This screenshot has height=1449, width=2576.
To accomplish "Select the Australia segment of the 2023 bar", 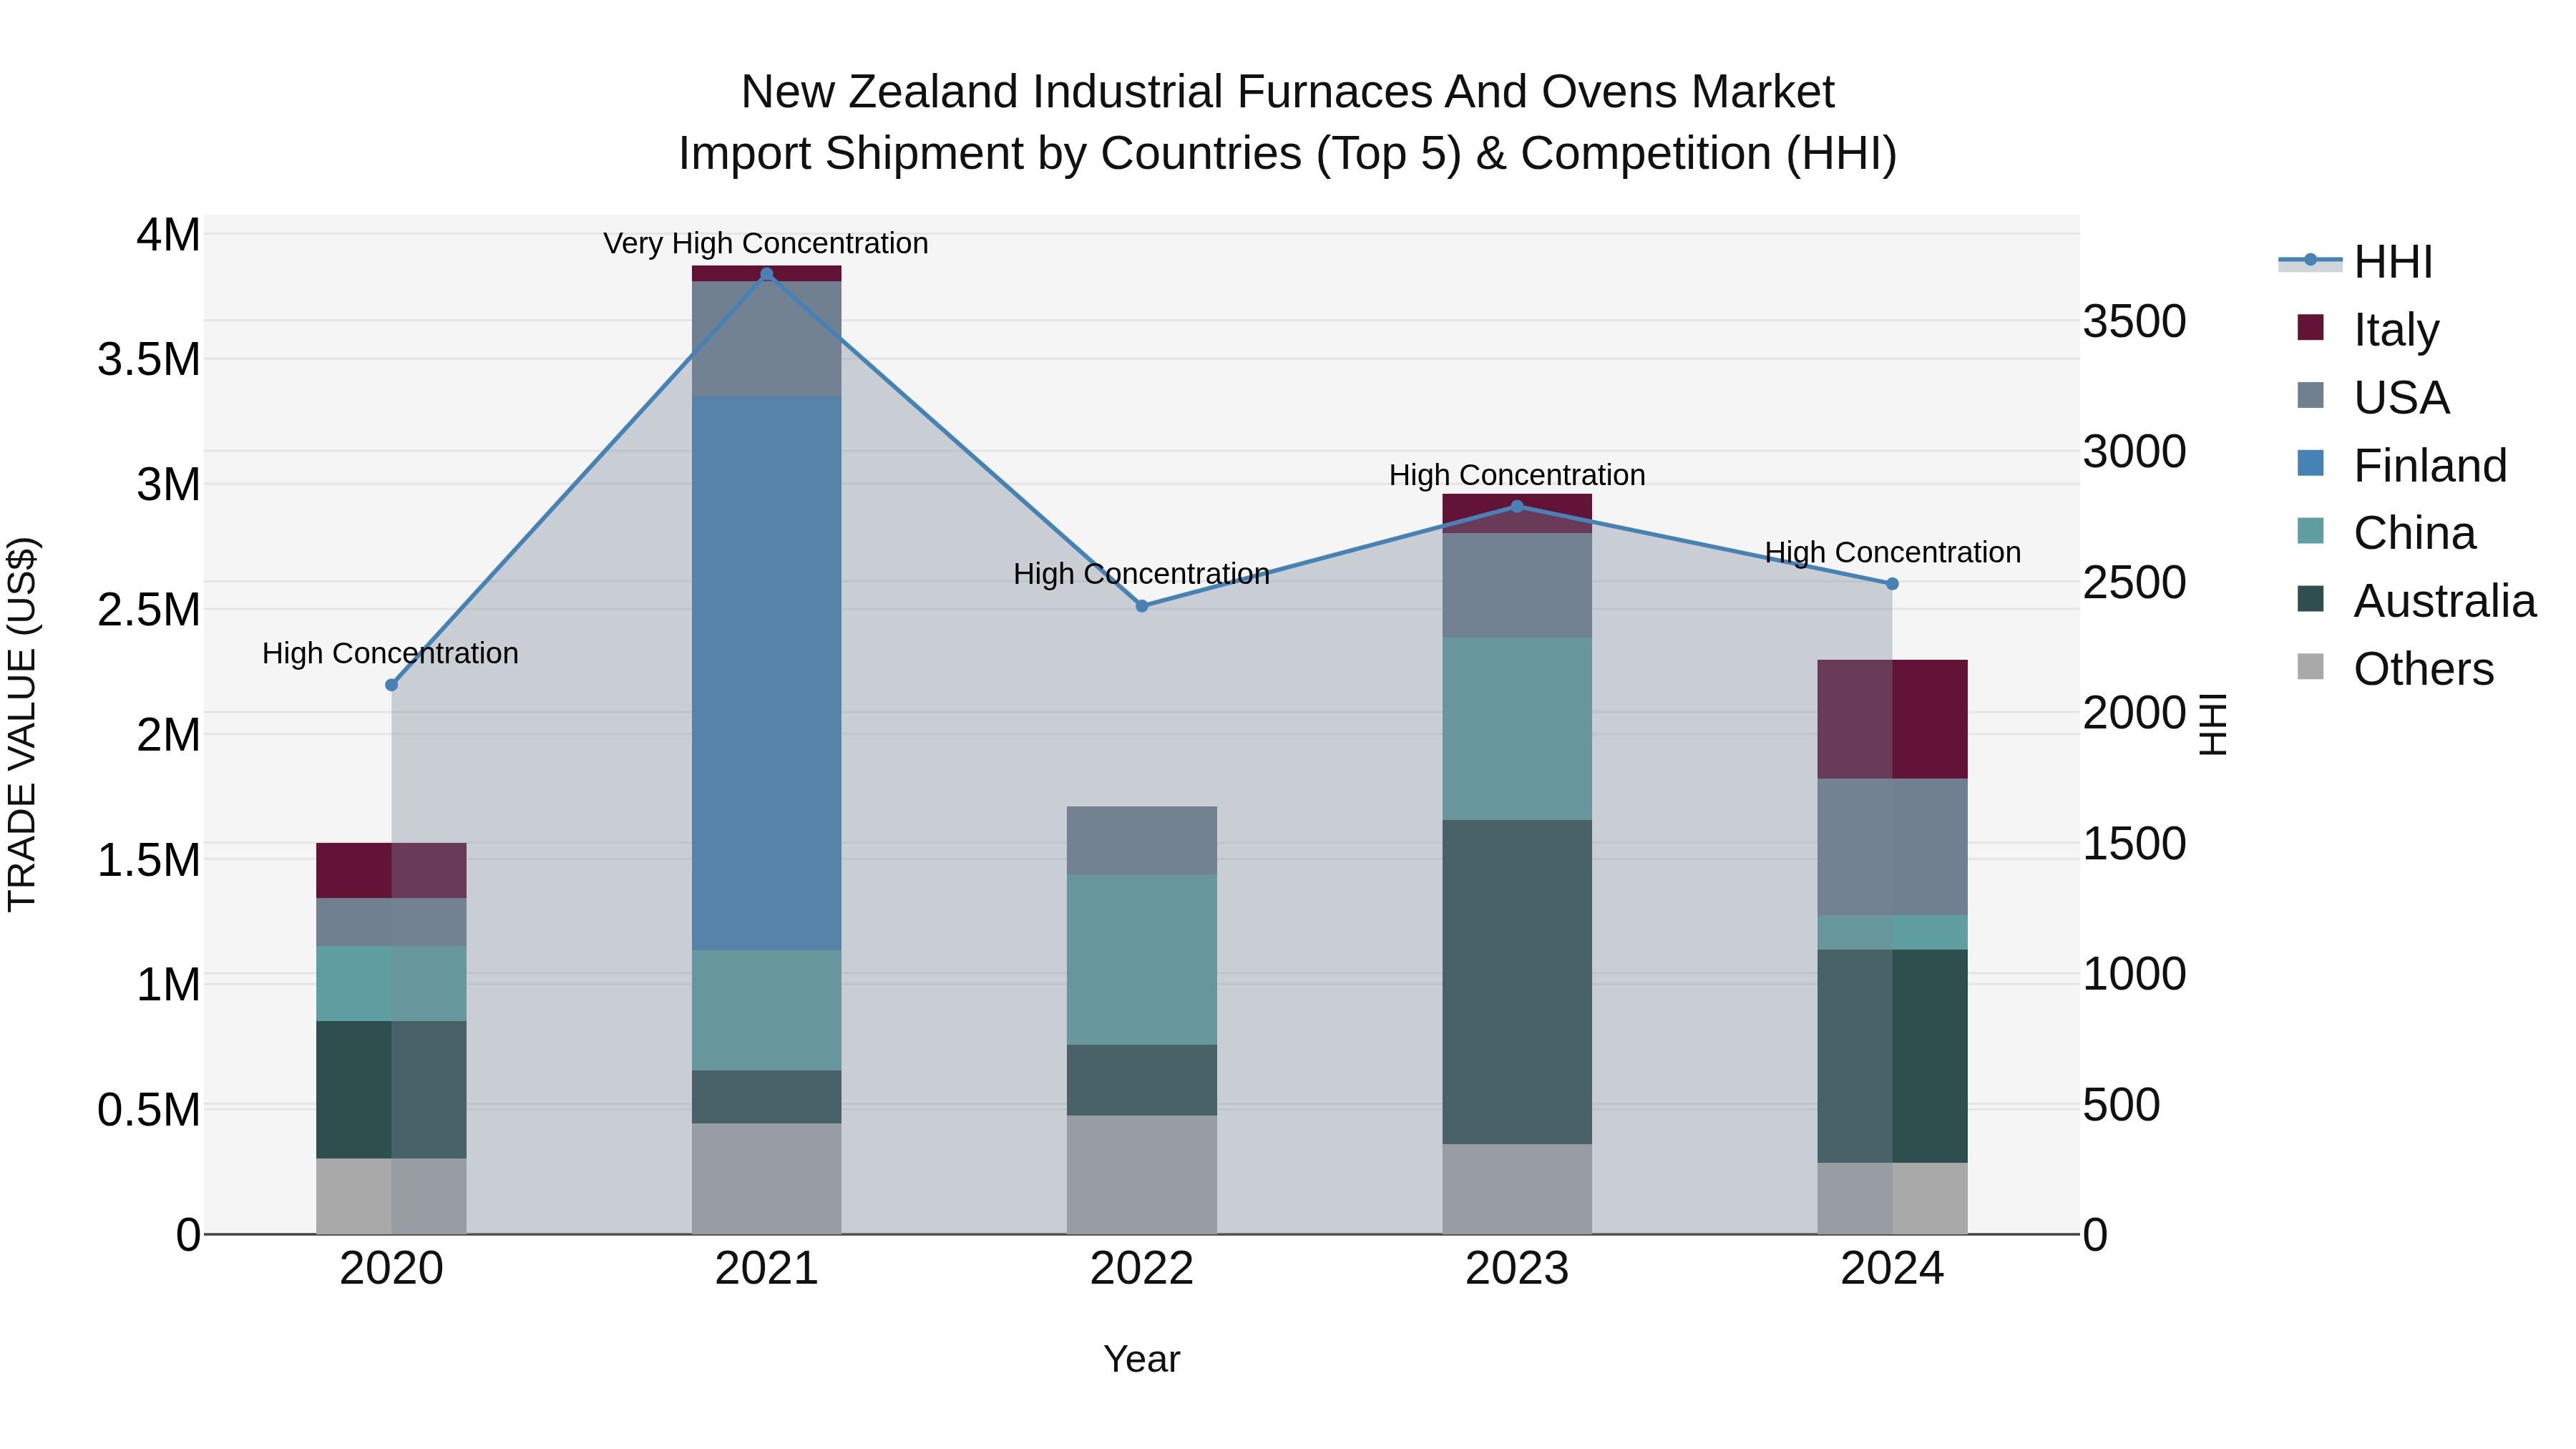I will coord(1516,981).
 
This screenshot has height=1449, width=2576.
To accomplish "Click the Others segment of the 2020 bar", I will coord(391,1195).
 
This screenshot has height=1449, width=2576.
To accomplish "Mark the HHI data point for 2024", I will coord(1892,583).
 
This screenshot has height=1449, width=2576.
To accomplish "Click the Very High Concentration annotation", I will coord(766,243).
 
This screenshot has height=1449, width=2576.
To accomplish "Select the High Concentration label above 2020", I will coord(390,653).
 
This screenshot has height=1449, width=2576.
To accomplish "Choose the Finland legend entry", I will coord(2429,465).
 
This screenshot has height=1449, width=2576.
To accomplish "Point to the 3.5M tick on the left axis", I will coord(149,359).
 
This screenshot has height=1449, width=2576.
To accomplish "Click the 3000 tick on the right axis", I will coord(2134,452).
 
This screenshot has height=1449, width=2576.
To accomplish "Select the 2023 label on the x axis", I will coord(1516,1268).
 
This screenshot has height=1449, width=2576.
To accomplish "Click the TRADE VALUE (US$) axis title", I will coord(22,724).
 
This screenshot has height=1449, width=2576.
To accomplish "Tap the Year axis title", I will coord(1141,1359).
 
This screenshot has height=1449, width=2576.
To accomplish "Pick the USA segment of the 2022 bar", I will coord(1141,840).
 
